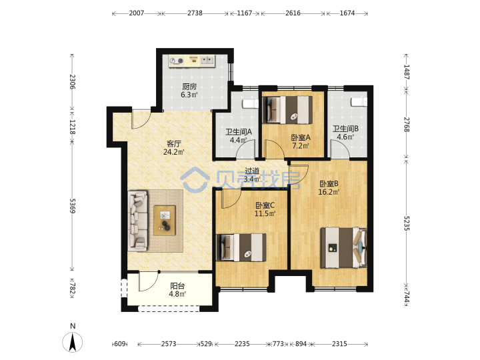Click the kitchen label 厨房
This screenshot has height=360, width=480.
(189, 87)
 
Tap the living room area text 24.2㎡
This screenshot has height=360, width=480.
(173, 152)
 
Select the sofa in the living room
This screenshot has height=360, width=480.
(138, 221)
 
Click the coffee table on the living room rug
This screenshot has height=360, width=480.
(165, 221)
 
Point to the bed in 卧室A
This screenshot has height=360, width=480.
(287, 110)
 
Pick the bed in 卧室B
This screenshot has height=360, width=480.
(343, 247)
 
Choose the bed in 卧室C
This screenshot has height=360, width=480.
(241, 247)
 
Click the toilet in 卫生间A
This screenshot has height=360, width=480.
(251, 104)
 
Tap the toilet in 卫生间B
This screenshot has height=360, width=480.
(359, 101)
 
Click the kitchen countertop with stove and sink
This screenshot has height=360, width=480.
(191, 61)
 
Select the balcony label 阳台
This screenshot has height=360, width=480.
(177, 286)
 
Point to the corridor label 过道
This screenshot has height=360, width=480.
(252, 171)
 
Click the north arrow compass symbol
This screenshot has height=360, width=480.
(73, 341)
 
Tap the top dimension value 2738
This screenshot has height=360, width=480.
(195, 13)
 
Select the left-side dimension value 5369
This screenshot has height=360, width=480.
(73, 206)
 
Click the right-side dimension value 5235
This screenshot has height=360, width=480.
(407, 223)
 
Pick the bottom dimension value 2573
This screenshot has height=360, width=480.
(169, 344)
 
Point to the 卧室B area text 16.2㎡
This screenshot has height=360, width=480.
(329, 192)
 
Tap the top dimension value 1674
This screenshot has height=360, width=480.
(347, 13)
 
